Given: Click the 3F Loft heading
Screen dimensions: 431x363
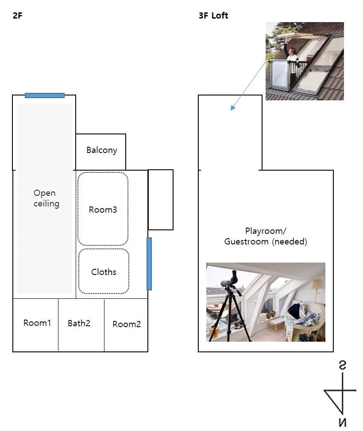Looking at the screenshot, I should (x=214, y=16).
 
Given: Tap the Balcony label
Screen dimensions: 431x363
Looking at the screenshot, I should (x=102, y=150).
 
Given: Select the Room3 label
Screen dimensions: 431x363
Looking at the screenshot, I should (x=103, y=210).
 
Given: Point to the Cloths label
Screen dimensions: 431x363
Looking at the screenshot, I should (x=104, y=272).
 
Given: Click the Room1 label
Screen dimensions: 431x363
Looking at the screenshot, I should (x=37, y=323).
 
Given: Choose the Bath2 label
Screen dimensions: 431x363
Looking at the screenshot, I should (x=79, y=324).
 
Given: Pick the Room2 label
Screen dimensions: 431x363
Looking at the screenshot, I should (x=127, y=324).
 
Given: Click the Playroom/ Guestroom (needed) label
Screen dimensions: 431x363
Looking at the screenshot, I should (x=266, y=236).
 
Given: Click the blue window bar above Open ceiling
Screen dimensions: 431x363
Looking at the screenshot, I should (x=45, y=95).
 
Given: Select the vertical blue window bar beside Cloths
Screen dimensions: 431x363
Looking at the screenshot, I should (x=149, y=264).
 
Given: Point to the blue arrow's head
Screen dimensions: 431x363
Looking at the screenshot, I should (x=232, y=108).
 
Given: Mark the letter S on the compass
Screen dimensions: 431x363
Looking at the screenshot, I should (x=343, y=365).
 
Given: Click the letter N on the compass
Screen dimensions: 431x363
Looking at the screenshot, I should (x=343, y=422).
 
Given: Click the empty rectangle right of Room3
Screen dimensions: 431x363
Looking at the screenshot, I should (x=161, y=199).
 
